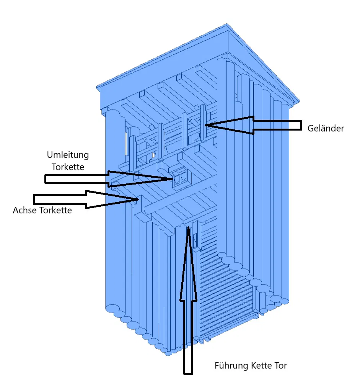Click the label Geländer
[326, 128]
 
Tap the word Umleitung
[68, 155]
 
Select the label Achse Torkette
[42, 210]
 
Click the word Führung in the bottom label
[231, 366]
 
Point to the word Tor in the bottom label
[280, 366]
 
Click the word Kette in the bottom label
[261, 366]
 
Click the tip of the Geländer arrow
[205, 124]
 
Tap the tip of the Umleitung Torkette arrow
[173, 178]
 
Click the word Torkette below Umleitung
[68, 167]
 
